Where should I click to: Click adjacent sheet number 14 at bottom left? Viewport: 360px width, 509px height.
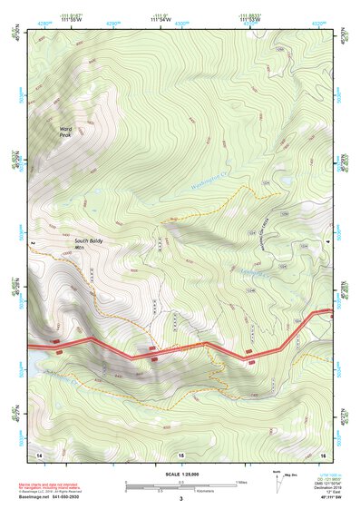click(39, 453)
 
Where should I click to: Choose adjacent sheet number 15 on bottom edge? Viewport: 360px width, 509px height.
click(180, 454)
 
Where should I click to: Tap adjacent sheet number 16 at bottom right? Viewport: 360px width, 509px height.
click(323, 453)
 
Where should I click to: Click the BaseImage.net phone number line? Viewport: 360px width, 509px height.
click(56, 497)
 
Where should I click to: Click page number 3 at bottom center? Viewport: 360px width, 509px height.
click(180, 499)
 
